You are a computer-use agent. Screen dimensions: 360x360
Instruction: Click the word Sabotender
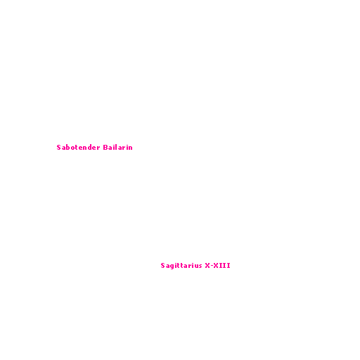coord(79,148)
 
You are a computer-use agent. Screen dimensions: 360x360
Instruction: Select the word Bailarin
coord(118,148)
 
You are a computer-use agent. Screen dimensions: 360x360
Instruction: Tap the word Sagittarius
coord(181,266)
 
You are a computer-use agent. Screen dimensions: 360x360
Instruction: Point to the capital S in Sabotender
coord(59,148)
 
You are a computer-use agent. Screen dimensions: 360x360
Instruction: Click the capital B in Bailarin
coord(105,148)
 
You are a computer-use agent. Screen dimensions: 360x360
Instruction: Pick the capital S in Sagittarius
coord(163,266)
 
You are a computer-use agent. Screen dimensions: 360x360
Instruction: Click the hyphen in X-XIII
coord(212,266)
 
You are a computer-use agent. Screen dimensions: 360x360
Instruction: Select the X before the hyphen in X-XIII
coord(207,266)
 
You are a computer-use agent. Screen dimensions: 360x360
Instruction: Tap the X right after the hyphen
coord(216,266)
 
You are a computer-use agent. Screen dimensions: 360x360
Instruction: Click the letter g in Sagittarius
coord(172,266)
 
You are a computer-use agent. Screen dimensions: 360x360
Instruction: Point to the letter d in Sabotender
coord(89,148)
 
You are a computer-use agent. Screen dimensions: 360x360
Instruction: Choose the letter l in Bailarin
coord(116,148)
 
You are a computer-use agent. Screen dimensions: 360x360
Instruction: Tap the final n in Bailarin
coord(130,148)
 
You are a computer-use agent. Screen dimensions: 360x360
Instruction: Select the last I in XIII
coord(229,266)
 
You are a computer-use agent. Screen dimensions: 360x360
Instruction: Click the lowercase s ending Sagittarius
coord(200,266)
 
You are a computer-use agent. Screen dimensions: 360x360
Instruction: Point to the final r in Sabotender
coord(98,148)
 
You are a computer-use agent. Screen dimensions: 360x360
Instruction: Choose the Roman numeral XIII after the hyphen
coord(221,266)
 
